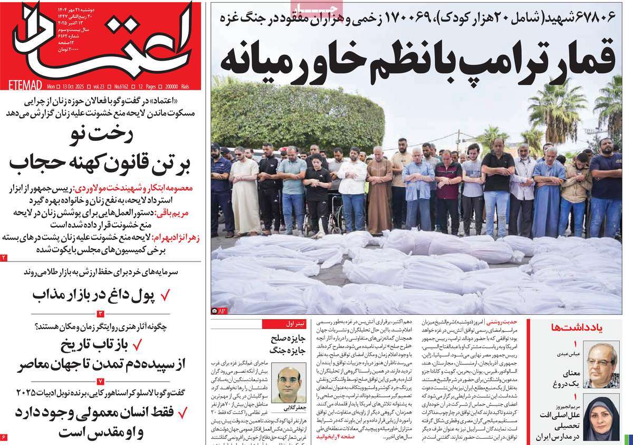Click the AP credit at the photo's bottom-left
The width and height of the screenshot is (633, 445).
coord(219,311)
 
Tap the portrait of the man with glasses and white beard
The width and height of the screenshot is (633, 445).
coord(601,364)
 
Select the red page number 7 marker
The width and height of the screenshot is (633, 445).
coord(100,381)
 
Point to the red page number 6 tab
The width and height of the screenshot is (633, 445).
coord(4,437)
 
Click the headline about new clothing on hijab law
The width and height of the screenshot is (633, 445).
coord(100,151)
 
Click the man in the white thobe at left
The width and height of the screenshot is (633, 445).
coord(245,195)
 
